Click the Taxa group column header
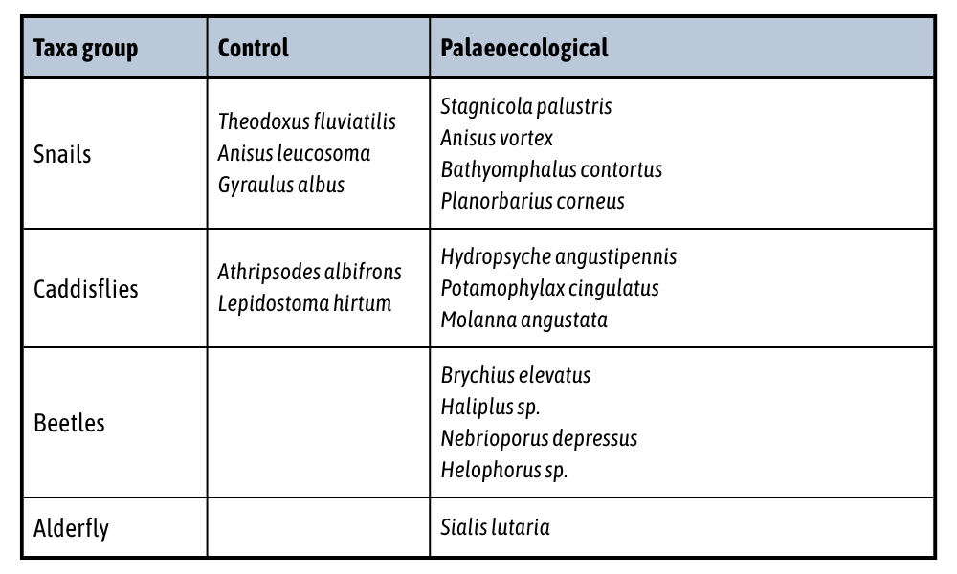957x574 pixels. (x=85, y=48)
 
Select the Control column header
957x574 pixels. (x=254, y=48)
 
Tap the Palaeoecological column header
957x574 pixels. (x=524, y=48)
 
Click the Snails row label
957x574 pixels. (x=62, y=154)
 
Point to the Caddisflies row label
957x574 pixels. (x=86, y=288)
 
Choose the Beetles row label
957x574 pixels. (x=69, y=422)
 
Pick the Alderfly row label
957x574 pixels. (x=71, y=527)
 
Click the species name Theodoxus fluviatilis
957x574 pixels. (x=306, y=121)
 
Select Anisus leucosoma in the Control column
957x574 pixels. (x=294, y=153)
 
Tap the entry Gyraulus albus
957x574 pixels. (x=281, y=185)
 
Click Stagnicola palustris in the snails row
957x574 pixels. (x=525, y=106)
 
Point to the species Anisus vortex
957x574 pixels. (x=497, y=138)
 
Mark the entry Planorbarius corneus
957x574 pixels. (x=532, y=201)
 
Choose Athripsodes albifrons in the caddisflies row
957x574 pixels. (x=309, y=272)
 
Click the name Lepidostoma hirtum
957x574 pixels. (x=304, y=303)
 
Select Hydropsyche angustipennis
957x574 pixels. (x=558, y=256)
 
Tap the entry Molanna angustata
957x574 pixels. (x=523, y=320)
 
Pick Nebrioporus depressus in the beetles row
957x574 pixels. (x=539, y=438)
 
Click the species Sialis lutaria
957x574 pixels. (x=495, y=527)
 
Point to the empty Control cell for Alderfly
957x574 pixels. (x=318, y=527)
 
